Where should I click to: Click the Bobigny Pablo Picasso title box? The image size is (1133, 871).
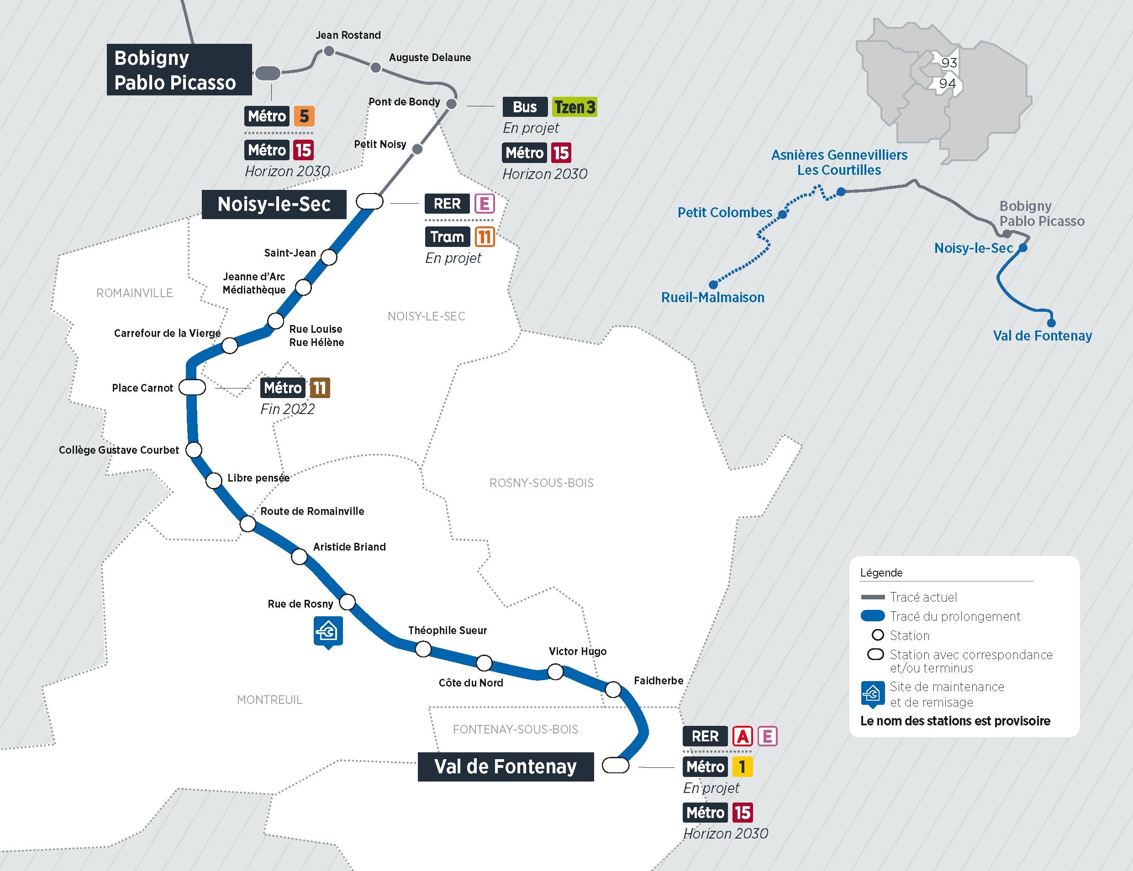point(179,69)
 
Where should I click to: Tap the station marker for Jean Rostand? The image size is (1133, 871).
point(328,51)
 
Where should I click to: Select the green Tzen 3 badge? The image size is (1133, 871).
point(574,107)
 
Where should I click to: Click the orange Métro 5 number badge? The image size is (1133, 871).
point(304,116)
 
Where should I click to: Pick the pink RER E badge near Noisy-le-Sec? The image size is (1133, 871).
point(485,204)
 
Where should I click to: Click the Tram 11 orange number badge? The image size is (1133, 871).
point(485,237)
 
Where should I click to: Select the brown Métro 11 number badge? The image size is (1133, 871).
point(319,388)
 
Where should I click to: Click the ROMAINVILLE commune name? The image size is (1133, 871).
point(134,293)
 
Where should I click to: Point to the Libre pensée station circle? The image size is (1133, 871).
point(214,481)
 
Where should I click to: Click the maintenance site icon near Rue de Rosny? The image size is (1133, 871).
point(328,631)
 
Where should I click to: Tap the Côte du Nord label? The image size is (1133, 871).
point(470,683)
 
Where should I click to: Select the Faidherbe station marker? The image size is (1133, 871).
point(613,689)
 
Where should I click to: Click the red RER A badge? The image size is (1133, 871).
point(742,736)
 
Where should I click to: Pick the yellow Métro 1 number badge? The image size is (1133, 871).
point(742,767)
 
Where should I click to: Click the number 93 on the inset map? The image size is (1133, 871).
point(949,63)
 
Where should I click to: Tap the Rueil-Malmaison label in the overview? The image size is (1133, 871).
point(712,298)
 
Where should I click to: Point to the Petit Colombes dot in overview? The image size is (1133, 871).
point(782,214)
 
